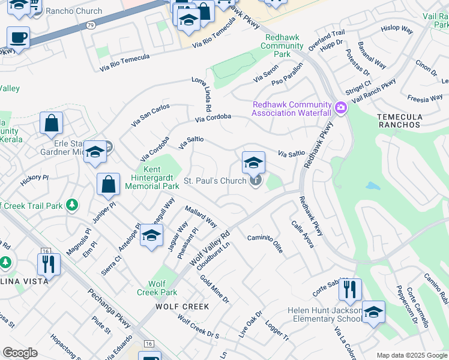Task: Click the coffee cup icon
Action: point(18,38)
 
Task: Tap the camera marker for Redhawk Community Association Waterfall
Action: point(342,108)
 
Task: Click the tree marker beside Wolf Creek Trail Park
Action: point(72,205)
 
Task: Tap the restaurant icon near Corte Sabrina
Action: point(349,290)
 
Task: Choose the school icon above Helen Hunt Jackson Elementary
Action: point(373,312)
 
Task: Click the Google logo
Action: point(20,353)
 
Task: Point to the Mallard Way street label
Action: point(200,216)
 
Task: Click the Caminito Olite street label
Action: point(265,244)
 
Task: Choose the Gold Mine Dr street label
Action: point(214,289)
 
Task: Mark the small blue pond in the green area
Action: point(372,186)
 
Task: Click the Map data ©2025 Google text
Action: point(412,355)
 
